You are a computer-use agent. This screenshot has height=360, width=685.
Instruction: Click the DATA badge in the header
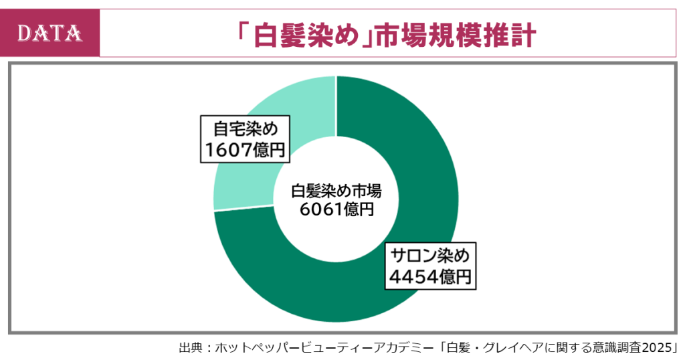[x=50, y=33]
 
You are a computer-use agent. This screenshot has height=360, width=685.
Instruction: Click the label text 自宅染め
[x=246, y=129]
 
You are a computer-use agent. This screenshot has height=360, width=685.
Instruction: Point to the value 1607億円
[x=246, y=149]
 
